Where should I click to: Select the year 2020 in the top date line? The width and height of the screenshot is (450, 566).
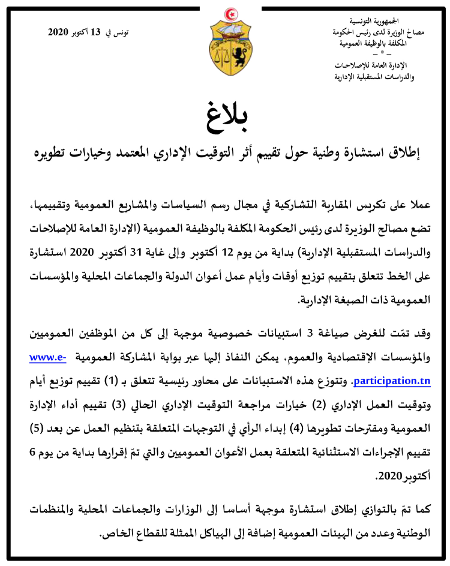(60, 32)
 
